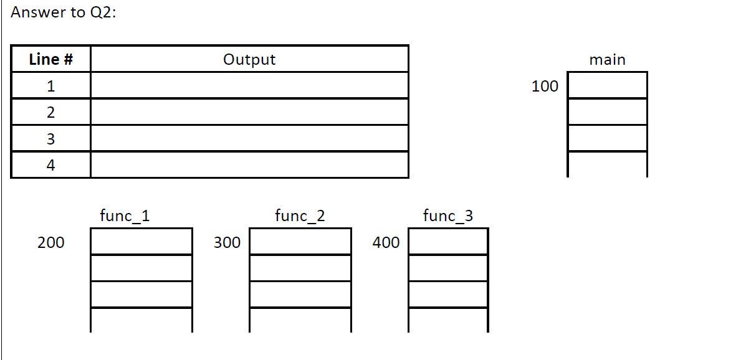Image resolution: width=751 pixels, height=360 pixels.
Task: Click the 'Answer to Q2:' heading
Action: click(x=64, y=12)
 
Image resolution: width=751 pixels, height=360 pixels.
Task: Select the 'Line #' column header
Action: click(x=51, y=59)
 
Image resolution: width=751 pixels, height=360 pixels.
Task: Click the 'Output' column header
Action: click(x=249, y=59)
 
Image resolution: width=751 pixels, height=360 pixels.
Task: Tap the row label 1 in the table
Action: click(x=51, y=86)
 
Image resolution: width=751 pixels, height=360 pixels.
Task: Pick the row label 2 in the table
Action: click(x=51, y=113)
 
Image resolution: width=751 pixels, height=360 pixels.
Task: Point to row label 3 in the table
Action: click(x=51, y=139)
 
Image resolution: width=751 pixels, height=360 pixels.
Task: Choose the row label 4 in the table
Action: click(x=51, y=165)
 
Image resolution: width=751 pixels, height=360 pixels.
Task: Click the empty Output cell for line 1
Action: click(x=249, y=86)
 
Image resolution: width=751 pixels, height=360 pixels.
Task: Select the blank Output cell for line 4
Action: click(x=249, y=165)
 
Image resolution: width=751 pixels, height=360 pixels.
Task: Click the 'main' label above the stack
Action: click(x=607, y=60)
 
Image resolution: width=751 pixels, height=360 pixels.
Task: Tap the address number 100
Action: click(x=545, y=87)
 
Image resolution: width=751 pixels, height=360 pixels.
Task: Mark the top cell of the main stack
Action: click(x=607, y=85)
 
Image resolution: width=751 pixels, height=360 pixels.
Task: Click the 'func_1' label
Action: click(x=125, y=216)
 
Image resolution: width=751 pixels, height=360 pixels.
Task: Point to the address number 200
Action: click(x=51, y=243)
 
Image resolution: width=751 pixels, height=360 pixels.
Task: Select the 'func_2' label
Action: click(x=300, y=216)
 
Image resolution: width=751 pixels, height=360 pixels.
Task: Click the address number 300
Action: click(x=227, y=243)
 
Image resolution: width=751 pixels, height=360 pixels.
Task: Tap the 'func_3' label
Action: click(x=447, y=216)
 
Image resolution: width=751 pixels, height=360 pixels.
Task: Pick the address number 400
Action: click(x=386, y=243)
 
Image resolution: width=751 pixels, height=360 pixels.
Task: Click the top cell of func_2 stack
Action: click(x=300, y=242)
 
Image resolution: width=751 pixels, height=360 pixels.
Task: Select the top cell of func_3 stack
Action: click(x=447, y=242)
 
